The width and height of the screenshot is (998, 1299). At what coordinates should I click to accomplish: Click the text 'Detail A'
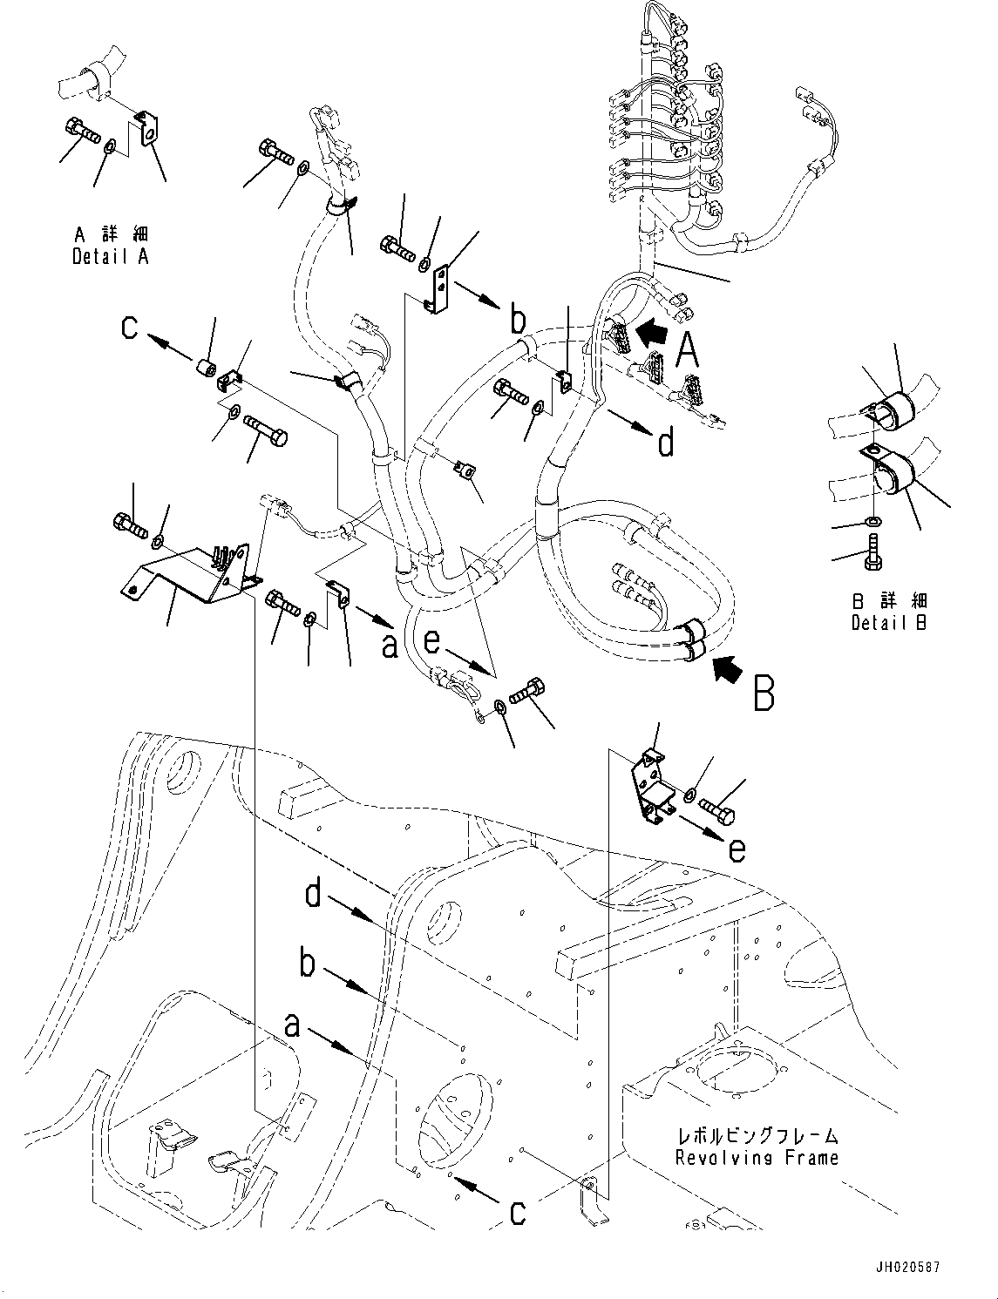click(111, 257)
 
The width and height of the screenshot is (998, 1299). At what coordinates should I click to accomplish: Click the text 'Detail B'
click(889, 623)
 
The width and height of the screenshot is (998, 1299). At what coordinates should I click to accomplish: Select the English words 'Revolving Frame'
click(757, 1158)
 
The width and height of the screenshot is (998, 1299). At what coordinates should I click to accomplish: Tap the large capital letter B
click(764, 694)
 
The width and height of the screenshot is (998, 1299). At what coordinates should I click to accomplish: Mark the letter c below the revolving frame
click(518, 1211)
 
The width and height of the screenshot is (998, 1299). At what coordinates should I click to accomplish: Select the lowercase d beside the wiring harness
click(665, 443)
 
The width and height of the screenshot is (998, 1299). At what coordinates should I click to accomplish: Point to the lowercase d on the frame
click(315, 895)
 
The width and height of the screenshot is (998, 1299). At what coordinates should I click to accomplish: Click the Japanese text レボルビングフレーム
click(757, 1136)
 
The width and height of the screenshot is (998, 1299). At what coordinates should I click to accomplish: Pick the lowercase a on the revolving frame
click(293, 1027)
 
